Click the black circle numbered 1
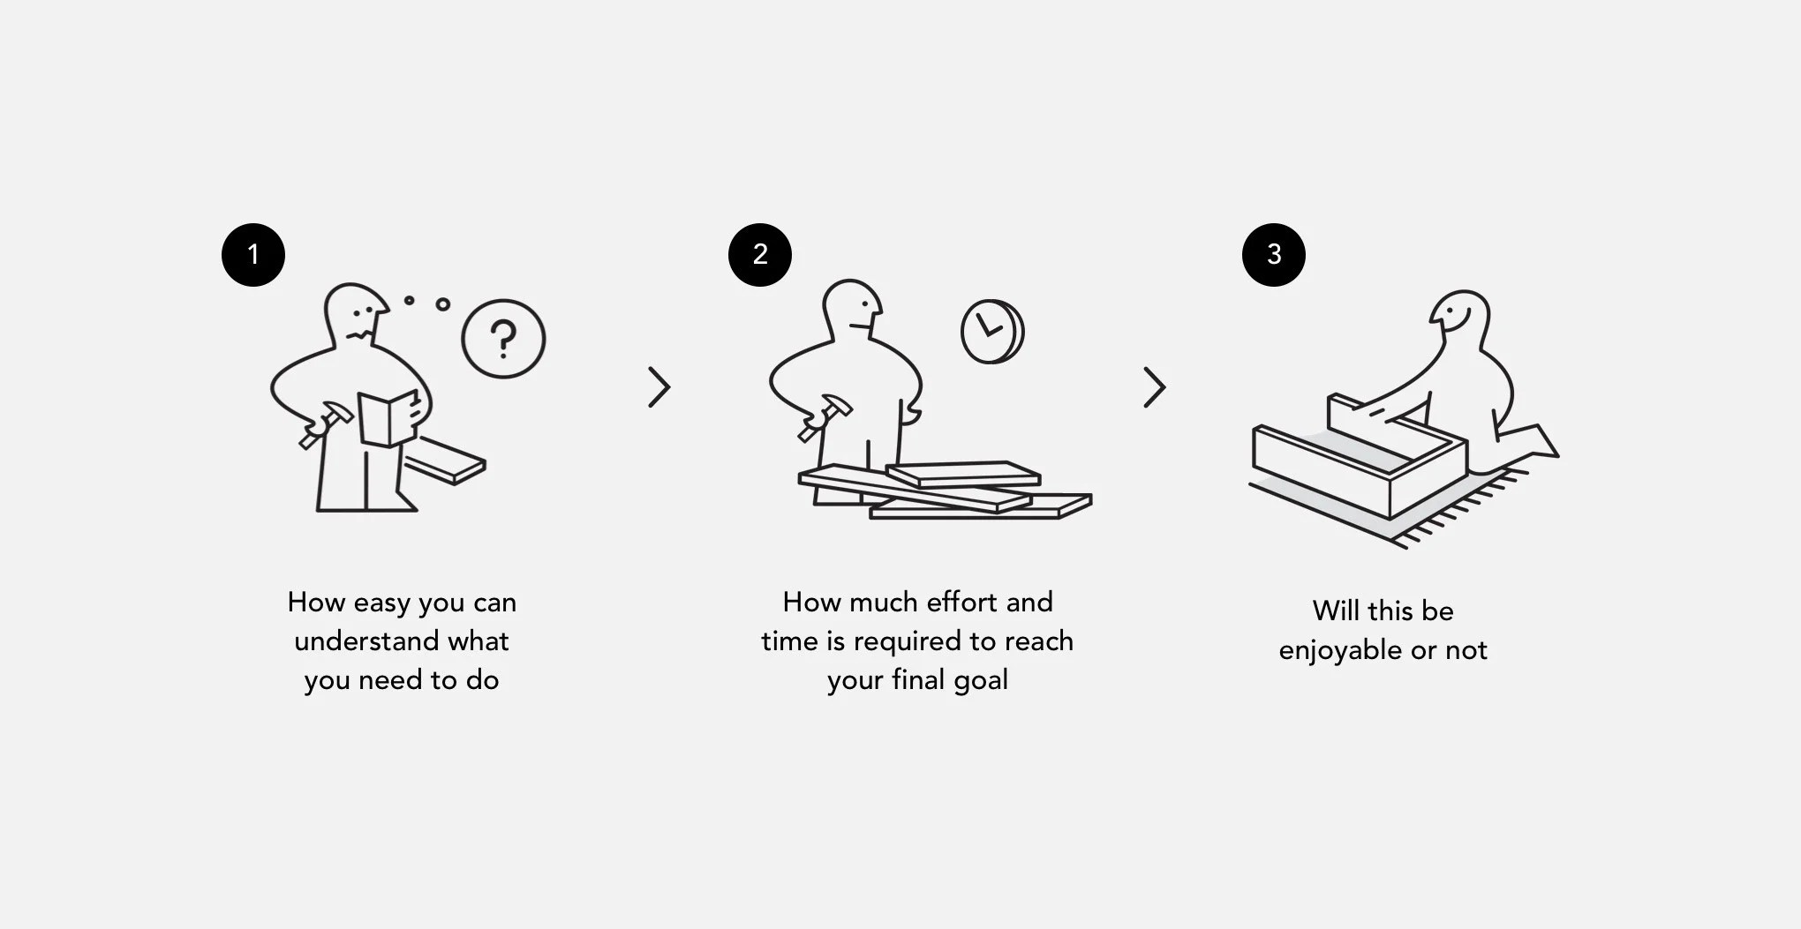pos(253,255)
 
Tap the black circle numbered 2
pos(760,255)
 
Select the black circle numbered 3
pos(1274,255)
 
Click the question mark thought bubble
pos(503,339)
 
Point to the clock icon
pos(991,332)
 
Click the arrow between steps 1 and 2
pos(659,387)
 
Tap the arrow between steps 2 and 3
pos(1155,387)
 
